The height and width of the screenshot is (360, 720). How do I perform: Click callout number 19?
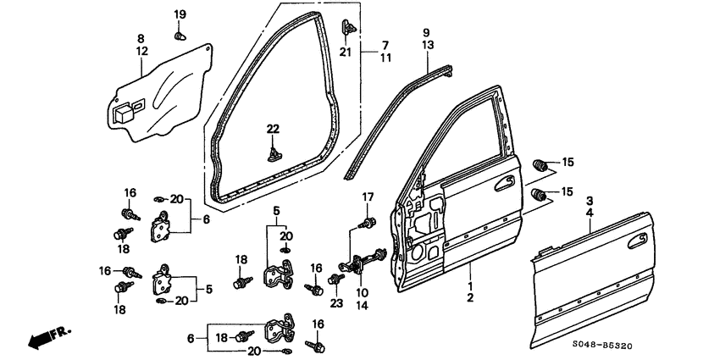click(x=180, y=15)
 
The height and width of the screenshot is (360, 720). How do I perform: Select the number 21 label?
click(x=345, y=53)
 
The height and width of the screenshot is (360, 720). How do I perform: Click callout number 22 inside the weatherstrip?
click(x=273, y=128)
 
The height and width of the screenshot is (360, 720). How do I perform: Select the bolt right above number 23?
click(x=337, y=279)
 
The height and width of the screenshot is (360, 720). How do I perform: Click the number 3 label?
click(x=589, y=200)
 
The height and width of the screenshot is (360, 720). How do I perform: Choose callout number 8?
click(x=141, y=38)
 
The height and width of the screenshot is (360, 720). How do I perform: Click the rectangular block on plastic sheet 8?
click(x=123, y=110)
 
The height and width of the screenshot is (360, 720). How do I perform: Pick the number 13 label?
click(x=429, y=45)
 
